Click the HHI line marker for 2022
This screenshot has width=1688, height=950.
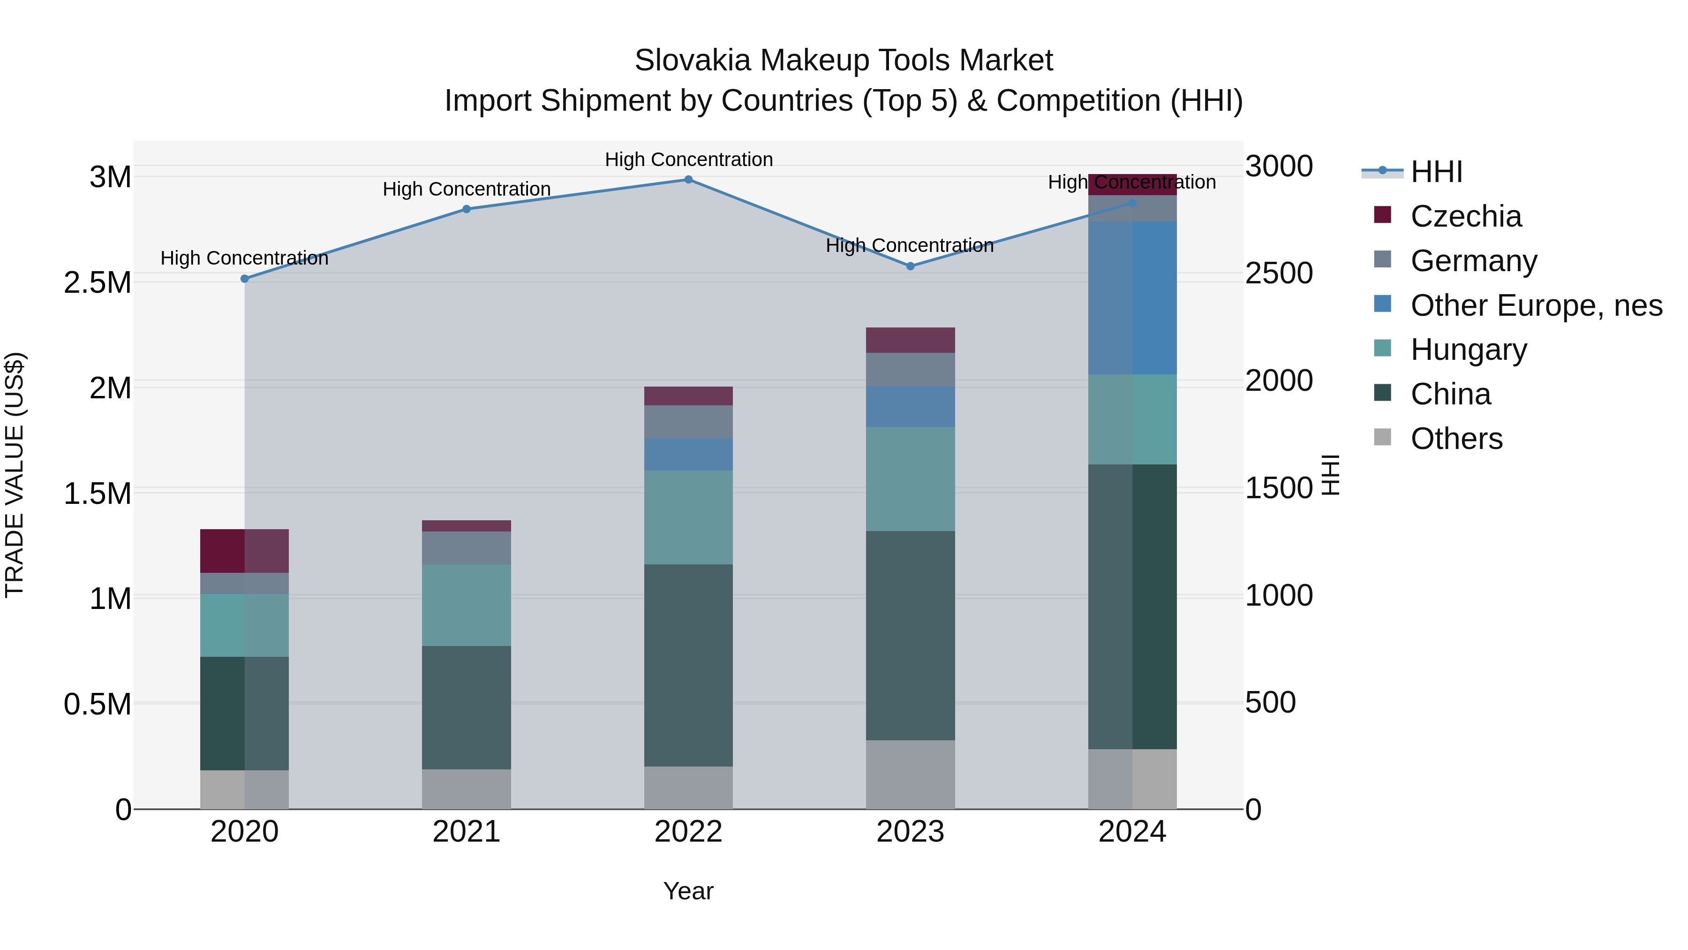coord(688,180)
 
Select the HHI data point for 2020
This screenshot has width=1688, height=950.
coord(244,279)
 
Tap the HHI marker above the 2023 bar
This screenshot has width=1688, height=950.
coord(910,266)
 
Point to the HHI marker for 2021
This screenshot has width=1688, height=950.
coord(467,209)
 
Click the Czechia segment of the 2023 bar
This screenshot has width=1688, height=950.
coord(910,340)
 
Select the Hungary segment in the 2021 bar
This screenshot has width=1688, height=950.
coord(467,605)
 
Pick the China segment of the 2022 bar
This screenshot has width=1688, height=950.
coord(688,665)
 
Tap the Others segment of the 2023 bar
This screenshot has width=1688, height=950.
coord(910,775)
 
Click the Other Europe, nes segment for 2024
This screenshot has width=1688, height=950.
coord(1132,298)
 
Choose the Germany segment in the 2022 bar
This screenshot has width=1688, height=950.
coord(688,422)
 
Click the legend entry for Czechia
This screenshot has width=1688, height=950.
coord(1465,216)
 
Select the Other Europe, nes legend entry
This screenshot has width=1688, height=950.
coord(1535,305)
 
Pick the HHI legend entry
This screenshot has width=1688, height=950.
coord(1436,172)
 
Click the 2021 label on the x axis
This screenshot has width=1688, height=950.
coord(467,832)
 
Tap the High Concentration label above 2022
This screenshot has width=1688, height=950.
coord(688,160)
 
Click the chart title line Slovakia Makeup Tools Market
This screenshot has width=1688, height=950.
coord(844,61)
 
